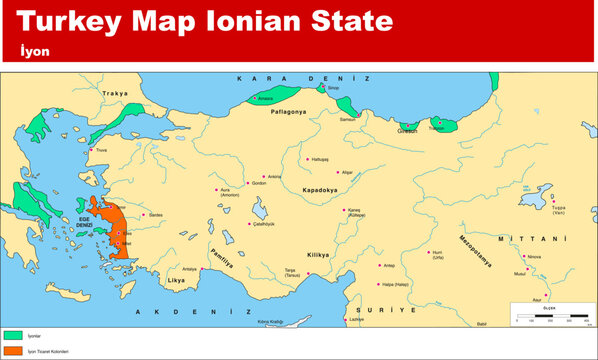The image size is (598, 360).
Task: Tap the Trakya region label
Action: (x=116, y=93)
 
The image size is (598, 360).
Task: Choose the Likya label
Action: (x=174, y=282)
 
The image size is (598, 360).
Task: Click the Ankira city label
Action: (x=275, y=177)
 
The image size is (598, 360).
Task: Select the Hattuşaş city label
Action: (x=320, y=159)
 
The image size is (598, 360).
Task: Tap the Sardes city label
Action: (x=156, y=215)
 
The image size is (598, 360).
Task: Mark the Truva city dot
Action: (x=92, y=150)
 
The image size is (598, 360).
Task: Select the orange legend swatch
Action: (x=13, y=352)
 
